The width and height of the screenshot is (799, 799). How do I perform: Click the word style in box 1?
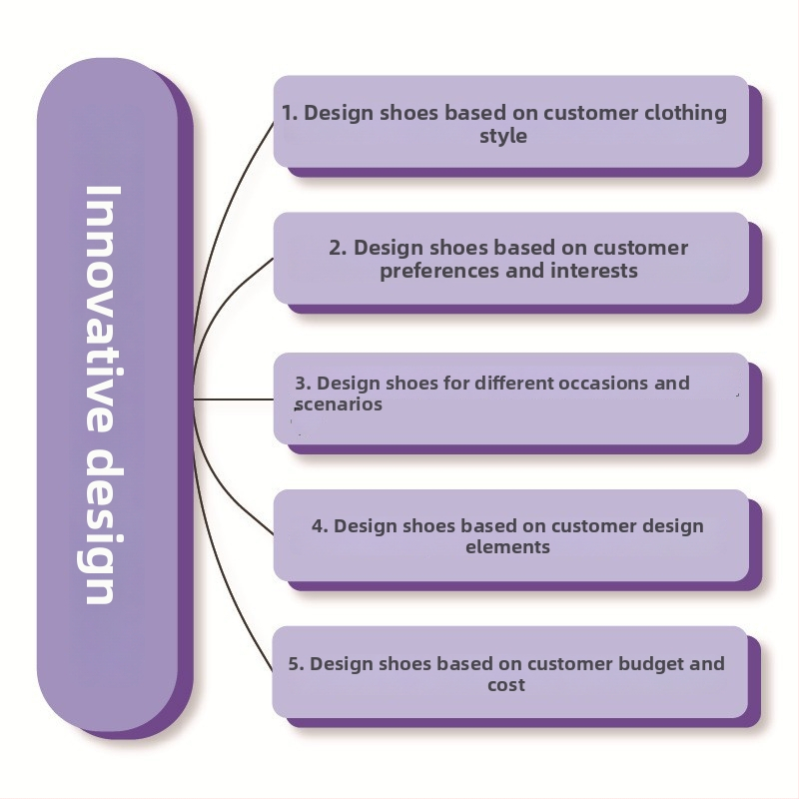pyautogui.click(x=502, y=136)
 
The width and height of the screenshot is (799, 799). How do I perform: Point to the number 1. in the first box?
pyautogui.click(x=290, y=113)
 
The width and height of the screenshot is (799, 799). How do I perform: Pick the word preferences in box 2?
pyautogui.click(x=430, y=271)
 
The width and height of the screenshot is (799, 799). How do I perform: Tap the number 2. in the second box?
pyautogui.click(x=338, y=248)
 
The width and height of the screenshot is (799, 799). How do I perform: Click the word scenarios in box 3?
pyautogui.click(x=338, y=404)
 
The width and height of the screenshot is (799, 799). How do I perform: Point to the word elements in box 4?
pyautogui.click(x=507, y=547)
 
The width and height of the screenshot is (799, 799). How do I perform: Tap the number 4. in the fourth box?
pyautogui.click(x=320, y=526)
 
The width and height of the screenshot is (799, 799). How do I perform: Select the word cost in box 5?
pyautogui.click(x=505, y=685)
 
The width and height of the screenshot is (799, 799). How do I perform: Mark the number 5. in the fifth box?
pyautogui.click(x=297, y=663)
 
